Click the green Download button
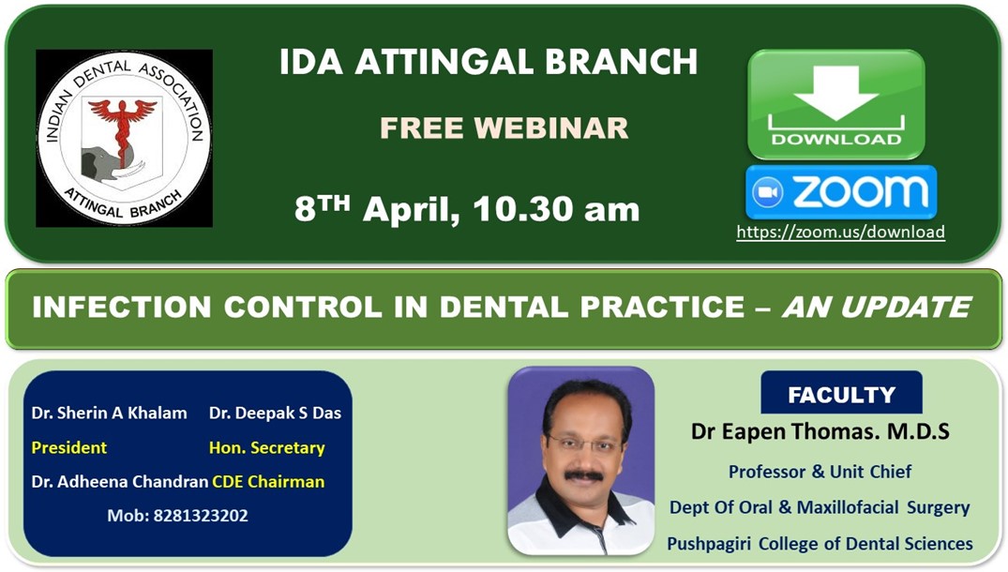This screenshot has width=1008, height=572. coord(835,104)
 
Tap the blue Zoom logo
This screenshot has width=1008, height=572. coord(841,192)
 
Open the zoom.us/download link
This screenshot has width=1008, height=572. coord(841,232)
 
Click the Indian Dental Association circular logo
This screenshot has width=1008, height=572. coord(124,138)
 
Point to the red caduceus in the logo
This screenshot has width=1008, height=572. coord(122,126)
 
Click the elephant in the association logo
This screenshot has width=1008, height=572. coord(106,165)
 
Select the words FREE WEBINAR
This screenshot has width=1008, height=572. coord(504,128)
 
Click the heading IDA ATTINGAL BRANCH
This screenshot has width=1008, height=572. coord(489,62)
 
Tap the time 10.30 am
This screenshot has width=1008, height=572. coord(556,209)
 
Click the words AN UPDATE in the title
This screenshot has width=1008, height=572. coord(876,307)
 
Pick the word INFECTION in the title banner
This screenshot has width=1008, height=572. coord(122,307)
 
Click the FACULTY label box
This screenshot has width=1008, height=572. coord(841,393)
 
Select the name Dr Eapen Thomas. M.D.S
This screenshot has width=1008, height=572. coord(820,431)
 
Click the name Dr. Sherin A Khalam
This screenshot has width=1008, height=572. coord(110,413)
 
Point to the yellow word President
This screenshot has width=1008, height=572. coord(68,447)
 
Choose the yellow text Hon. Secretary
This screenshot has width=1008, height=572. coord(267,448)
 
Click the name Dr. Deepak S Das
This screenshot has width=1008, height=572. coord(275,413)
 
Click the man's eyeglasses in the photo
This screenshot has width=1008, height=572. coord(584,443)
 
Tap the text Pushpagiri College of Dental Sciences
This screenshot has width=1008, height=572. coord(820,544)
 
